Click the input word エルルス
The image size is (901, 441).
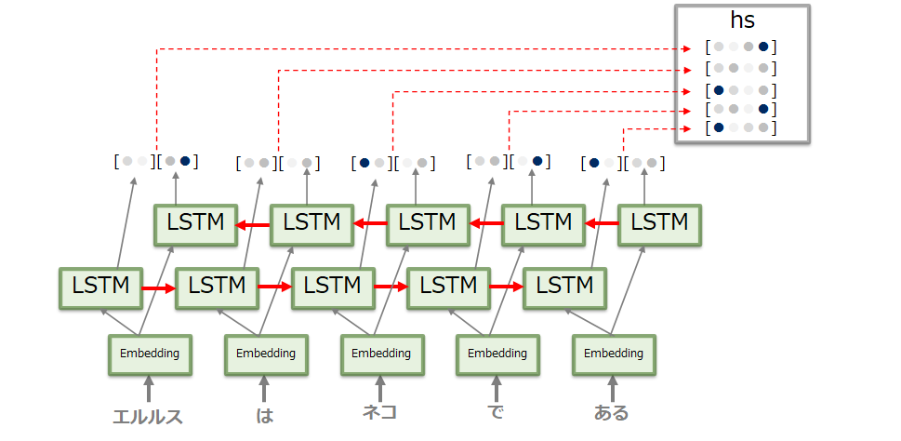click(148, 416)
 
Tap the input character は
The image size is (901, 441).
click(264, 415)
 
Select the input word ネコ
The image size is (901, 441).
click(380, 412)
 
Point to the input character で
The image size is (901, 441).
click(496, 413)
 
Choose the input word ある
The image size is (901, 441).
click(612, 413)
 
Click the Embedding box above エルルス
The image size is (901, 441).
click(149, 354)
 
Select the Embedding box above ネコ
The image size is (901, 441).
click(380, 354)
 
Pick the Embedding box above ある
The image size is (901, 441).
click(613, 354)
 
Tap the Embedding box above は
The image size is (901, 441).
click(265, 354)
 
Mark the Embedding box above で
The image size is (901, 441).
click(497, 354)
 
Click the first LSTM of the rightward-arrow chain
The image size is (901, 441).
click(100, 285)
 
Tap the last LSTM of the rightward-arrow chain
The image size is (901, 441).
click(564, 285)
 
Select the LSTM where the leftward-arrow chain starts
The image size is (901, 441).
click(659, 223)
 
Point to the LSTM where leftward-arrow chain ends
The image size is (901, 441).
click(195, 223)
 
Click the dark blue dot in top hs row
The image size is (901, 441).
click(763, 47)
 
